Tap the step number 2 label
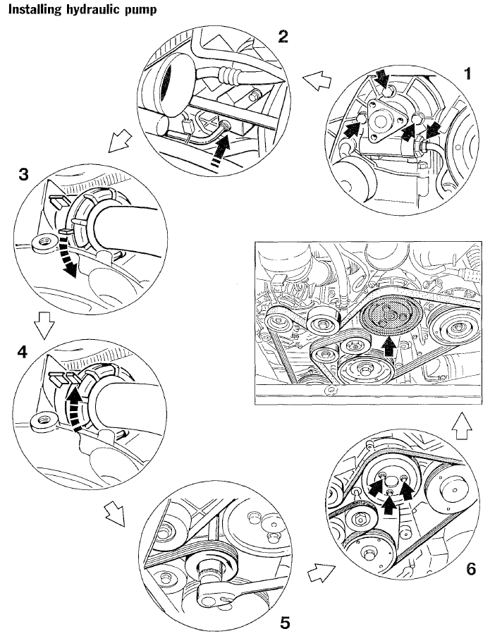tap(283, 37)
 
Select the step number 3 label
tap(23, 176)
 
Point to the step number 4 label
tap(23, 351)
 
